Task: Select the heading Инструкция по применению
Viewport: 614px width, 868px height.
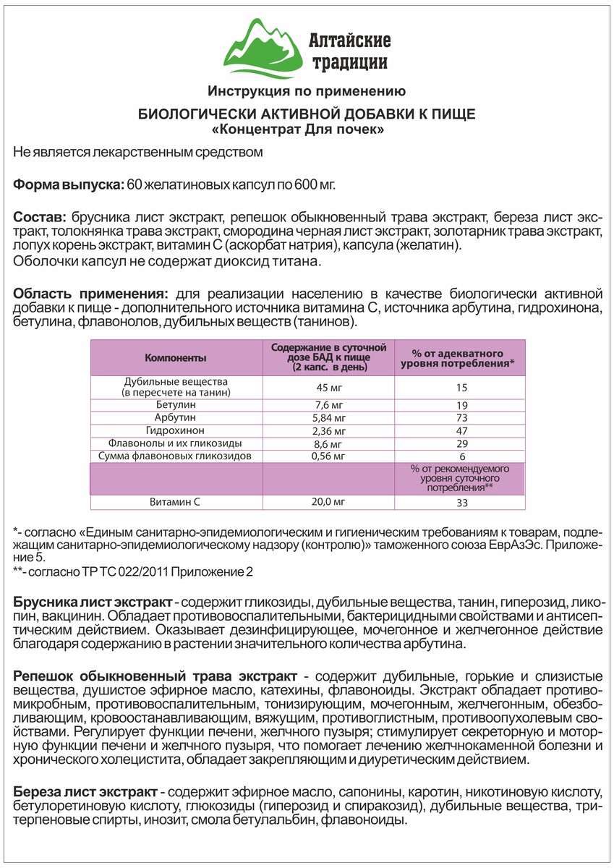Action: tap(306, 92)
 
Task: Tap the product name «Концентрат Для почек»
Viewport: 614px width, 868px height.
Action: tap(307, 130)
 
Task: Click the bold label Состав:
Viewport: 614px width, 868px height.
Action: tap(40, 217)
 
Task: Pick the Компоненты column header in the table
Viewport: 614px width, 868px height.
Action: tap(176, 358)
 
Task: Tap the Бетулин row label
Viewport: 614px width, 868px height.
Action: tap(176, 405)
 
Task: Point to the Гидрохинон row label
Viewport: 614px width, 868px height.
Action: tap(176, 430)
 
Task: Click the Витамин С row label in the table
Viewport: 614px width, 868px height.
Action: tap(176, 501)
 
